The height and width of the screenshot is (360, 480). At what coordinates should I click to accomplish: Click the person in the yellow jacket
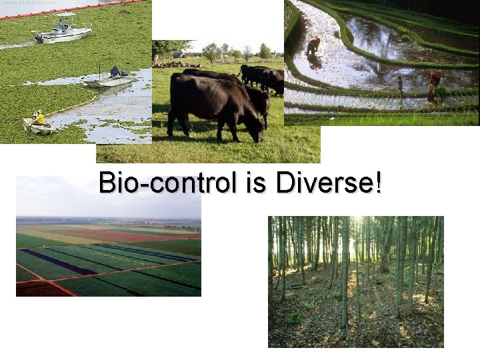(x=39, y=118)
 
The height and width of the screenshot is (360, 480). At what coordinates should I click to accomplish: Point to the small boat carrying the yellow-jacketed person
(x=37, y=125)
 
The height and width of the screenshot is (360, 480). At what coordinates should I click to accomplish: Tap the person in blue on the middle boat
(x=115, y=71)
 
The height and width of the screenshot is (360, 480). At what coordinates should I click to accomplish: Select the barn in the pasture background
(x=178, y=54)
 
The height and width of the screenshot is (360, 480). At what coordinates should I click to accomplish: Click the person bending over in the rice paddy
(x=312, y=45)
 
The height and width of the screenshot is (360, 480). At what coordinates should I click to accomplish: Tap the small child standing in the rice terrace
(x=400, y=83)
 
